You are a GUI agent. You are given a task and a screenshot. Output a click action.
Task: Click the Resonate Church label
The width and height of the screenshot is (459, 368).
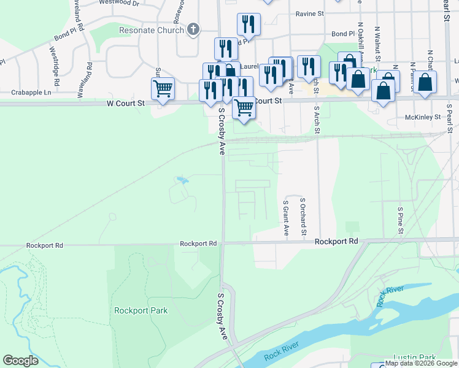click(x=152, y=30)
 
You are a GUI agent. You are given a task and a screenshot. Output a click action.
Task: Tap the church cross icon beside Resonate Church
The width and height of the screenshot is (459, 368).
click(x=193, y=29)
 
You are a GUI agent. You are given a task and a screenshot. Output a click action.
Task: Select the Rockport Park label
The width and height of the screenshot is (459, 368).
click(x=141, y=310)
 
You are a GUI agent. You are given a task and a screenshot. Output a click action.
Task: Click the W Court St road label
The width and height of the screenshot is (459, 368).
click(x=125, y=104)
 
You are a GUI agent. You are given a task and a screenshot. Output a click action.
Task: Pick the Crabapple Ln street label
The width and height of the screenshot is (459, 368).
click(x=31, y=93)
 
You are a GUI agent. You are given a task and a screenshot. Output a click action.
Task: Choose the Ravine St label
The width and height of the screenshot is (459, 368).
click(x=309, y=13)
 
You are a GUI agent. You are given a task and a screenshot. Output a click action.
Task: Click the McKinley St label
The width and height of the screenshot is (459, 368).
click(x=423, y=117)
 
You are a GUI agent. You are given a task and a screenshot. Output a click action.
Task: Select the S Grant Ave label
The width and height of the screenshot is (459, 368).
click(x=286, y=218)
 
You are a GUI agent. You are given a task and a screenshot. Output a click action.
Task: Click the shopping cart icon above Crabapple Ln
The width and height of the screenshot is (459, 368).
click(x=163, y=88)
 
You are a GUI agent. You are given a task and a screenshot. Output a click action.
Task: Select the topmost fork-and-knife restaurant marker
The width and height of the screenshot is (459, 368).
click(x=249, y=24)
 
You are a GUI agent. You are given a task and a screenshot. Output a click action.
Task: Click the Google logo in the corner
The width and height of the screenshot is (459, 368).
click(x=20, y=361)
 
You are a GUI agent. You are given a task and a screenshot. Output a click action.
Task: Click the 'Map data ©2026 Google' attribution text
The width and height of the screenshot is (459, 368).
click(x=422, y=364)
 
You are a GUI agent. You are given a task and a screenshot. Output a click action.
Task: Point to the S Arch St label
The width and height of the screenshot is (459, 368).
click(x=317, y=121)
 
